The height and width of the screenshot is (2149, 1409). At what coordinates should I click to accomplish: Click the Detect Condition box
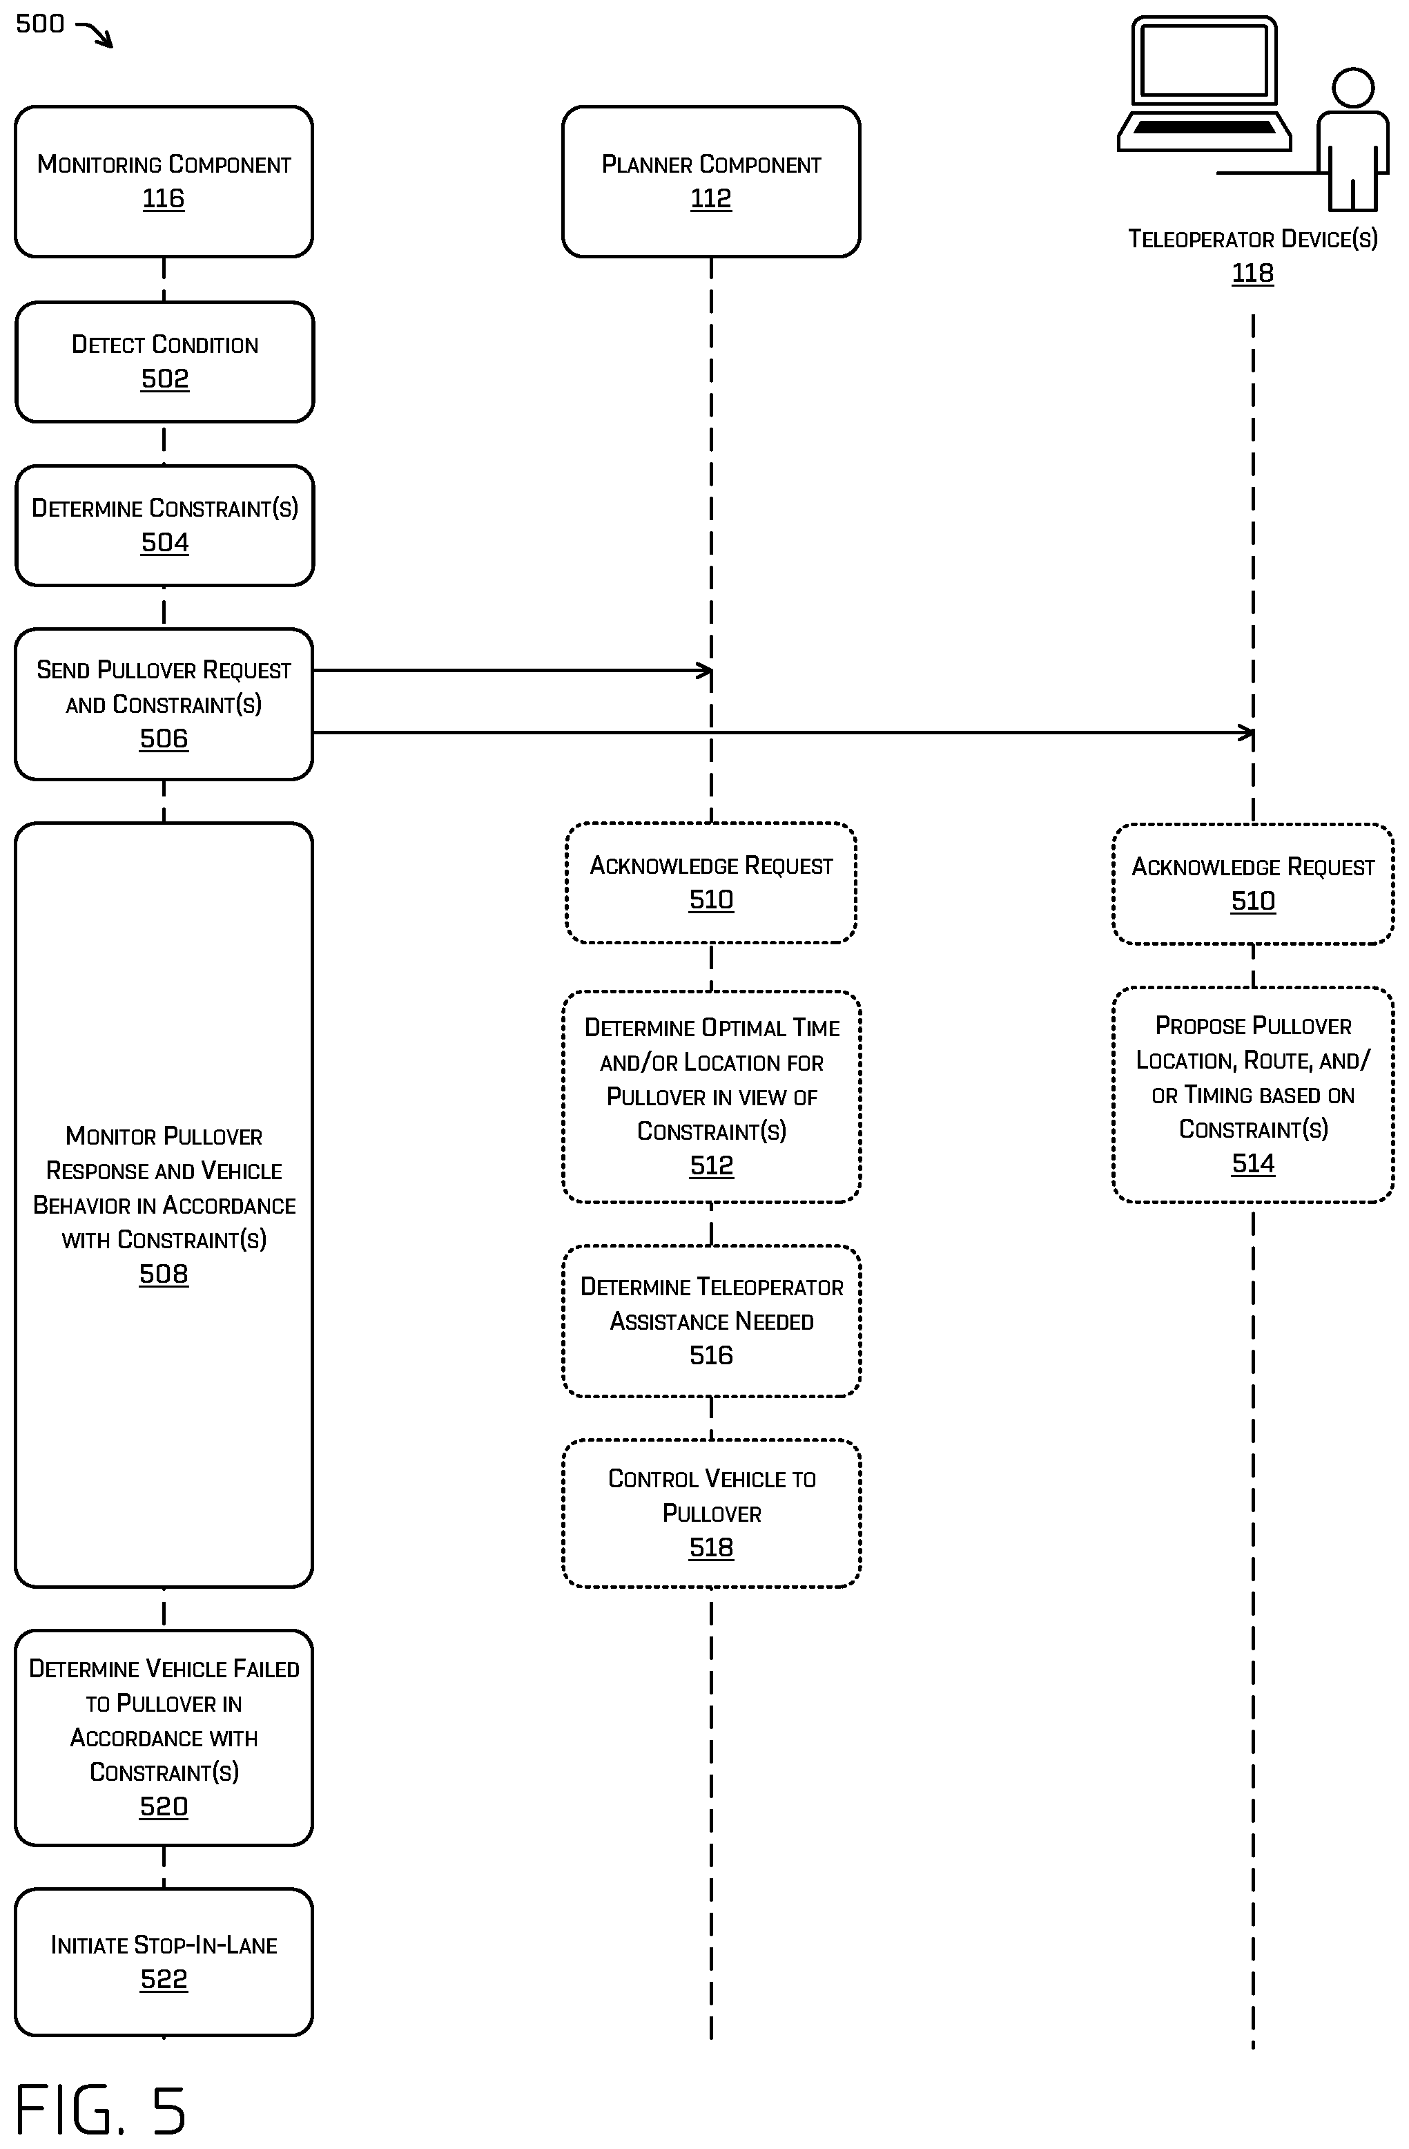click(164, 362)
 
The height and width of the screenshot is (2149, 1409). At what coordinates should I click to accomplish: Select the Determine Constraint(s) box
click(164, 526)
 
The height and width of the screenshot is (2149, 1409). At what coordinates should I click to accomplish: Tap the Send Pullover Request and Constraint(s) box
click(164, 705)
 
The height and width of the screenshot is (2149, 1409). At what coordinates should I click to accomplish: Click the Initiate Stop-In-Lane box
click(164, 1961)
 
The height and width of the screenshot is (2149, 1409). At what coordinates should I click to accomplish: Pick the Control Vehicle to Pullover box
click(711, 1513)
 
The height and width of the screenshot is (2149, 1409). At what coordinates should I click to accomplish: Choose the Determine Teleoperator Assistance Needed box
click(711, 1321)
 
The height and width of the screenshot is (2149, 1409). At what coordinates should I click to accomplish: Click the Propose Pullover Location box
click(1253, 1094)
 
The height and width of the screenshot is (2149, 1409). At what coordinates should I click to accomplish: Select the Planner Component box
click(711, 182)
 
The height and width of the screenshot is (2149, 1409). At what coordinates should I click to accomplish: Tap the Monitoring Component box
click(164, 182)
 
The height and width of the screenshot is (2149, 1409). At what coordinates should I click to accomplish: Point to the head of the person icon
click(1352, 88)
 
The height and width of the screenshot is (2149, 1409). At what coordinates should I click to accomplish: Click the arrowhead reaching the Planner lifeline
click(705, 671)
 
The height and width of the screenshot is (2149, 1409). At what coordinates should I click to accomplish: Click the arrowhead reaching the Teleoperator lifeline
click(1247, 733)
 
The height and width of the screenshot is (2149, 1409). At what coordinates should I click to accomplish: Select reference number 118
click(1253, 273)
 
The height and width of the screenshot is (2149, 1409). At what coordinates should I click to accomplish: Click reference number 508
click(164, 1274)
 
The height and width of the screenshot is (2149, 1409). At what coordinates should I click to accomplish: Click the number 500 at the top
click(40, 23)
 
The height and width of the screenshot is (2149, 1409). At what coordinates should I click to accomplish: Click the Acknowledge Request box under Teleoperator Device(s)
click(1253, 884)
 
